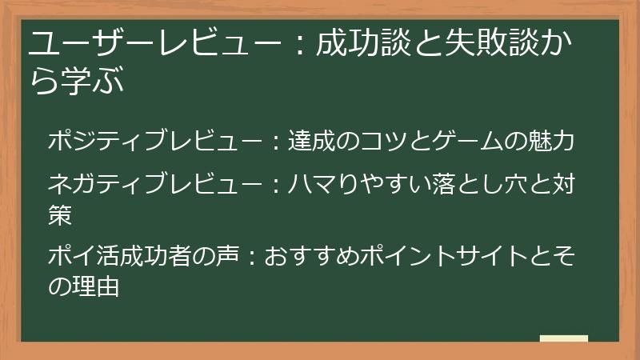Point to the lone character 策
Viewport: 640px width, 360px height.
[60, 214]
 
